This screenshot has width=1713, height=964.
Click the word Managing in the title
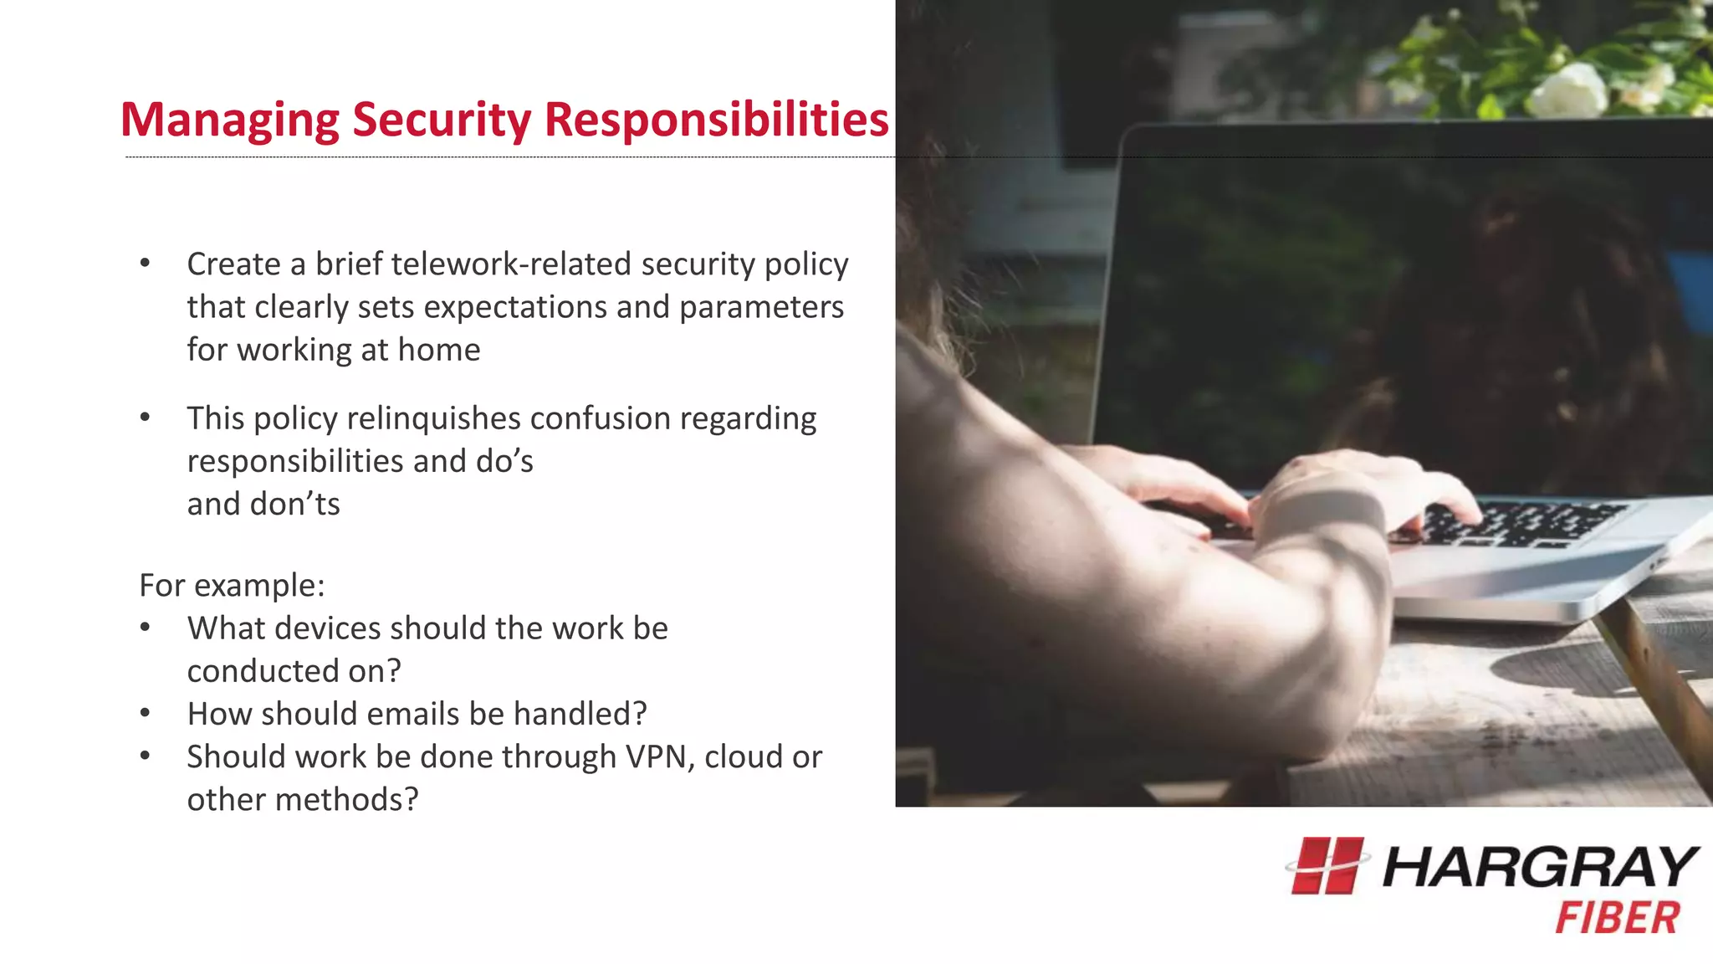(229, 120)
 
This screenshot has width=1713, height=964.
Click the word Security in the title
(442, 120)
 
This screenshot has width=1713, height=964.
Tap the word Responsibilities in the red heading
(716, 120)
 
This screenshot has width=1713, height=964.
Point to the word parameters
(761, 307)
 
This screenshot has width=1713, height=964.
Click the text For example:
(232, 586)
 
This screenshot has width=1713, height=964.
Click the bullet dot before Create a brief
(146, 263)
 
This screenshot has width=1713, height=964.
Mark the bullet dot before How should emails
(146, 713)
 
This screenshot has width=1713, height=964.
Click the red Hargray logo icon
(1327, 866)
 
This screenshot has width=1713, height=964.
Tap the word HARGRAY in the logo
(1539, 867)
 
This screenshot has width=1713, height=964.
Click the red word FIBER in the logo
(1617, 918)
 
